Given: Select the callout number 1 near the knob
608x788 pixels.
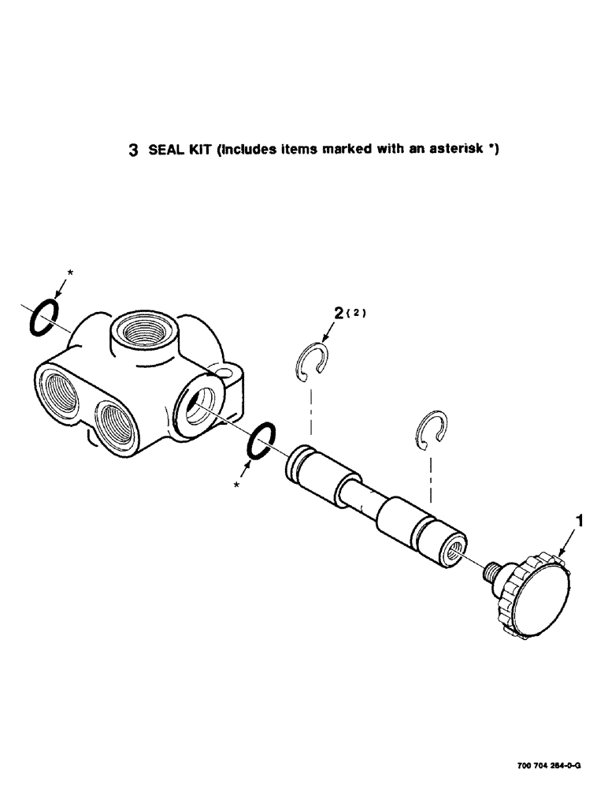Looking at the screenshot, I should pos(580,521).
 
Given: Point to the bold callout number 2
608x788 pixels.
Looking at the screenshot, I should pos(338,314).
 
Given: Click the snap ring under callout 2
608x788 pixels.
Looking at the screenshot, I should pos(311,359).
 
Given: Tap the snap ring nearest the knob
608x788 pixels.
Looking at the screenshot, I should pos(432,430).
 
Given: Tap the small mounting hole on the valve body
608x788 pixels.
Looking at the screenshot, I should pos(227,370).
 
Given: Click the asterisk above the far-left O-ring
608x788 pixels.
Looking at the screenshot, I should pos(70,272).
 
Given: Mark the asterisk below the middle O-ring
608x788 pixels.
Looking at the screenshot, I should pos(235,486).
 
